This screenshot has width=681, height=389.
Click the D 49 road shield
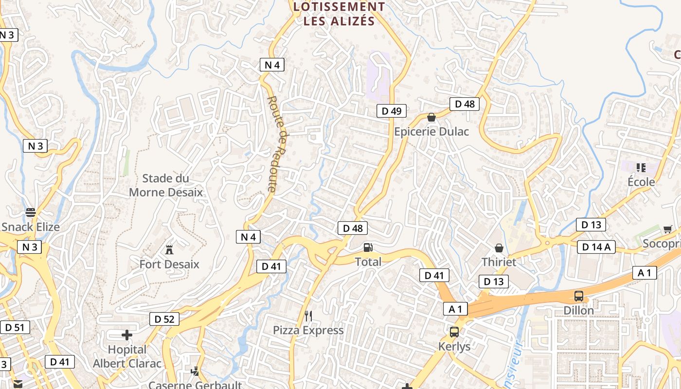(x=391, y=111)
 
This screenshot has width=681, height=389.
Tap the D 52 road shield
(x=164, y=319)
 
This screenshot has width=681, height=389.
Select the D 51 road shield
(x=15, y=327)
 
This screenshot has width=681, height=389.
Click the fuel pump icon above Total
(x=368, y=248)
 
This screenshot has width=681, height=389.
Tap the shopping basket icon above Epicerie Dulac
(x=431, y=117)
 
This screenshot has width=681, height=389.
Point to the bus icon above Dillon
(x=579, y=296)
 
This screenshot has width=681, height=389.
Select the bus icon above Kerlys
(x=454, y=332)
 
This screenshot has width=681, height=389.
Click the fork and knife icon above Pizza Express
(x=308, y=316)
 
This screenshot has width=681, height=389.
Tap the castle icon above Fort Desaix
(x=169, y=250)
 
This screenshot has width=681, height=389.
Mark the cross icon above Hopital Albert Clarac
(x=127, y=335)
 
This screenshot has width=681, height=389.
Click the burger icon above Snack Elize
(x=31, y=212)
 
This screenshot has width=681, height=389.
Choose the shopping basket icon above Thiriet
(x=499, y=248)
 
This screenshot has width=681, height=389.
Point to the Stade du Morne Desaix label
(x=166, y=185)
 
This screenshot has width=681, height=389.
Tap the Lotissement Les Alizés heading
(x=340, y=14)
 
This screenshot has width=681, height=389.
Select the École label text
(x=641, y=182)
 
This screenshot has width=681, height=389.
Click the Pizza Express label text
(x=308, y=330)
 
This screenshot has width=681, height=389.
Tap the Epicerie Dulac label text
(x=431, y=131)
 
